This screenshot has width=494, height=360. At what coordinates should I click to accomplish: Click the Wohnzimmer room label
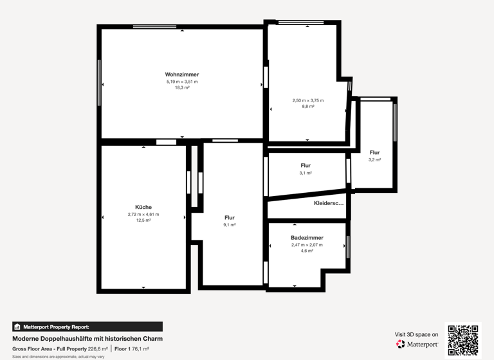pos(181,75)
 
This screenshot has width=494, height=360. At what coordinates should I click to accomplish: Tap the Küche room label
pos(143,207)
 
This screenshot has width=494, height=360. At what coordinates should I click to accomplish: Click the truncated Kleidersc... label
pos(329,203)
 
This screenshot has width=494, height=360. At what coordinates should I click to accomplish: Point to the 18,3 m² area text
pos(182,87)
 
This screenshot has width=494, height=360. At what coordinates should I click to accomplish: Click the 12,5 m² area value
pos(143,220)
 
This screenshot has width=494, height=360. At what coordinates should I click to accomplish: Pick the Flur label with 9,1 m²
pos(230,218)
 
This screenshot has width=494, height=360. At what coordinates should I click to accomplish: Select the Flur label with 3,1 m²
pos(306,166)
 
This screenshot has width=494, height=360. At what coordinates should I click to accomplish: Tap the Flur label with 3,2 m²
pos(374,153)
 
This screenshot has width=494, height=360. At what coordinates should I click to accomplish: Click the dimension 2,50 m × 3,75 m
pos(308,100)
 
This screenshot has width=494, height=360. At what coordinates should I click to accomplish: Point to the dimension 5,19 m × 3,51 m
pos(182,82)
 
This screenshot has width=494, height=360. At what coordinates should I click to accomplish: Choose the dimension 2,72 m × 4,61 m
pos(143,214)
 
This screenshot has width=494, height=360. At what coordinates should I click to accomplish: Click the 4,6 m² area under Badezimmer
pos(307,251)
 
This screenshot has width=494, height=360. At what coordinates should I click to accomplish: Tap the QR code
pos(463,340)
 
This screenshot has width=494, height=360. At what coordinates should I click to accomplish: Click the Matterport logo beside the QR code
pos(417,345)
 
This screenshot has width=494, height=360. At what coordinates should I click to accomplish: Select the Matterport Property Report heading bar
pos(87,327)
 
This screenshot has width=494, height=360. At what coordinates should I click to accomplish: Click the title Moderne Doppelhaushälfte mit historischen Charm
pos(87,339)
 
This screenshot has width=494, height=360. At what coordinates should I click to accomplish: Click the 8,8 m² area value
pos(308,106)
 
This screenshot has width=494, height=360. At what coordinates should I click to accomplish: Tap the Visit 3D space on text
pos(417,334)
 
